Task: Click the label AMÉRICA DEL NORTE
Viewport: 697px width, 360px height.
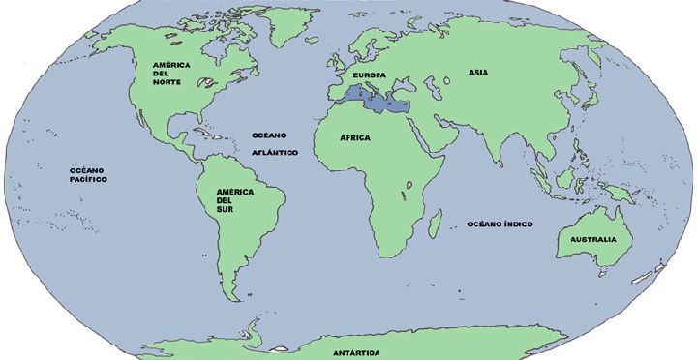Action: (170, 73)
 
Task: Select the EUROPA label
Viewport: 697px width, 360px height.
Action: (369, 75)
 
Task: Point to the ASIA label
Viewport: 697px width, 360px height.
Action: (478, 72)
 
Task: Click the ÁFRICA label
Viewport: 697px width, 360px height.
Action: (355, 137)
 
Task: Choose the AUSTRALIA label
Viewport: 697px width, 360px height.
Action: (592, 239)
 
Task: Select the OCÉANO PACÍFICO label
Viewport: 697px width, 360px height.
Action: (88, 174)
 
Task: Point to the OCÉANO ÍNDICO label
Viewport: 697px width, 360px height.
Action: (500, 224)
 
